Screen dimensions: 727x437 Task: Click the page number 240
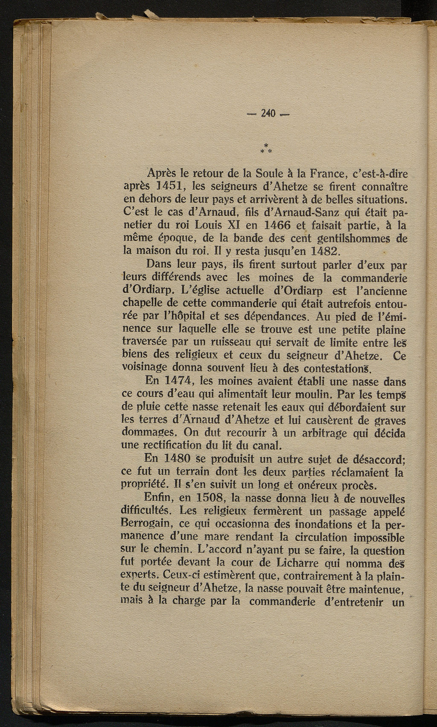(268, 113)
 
